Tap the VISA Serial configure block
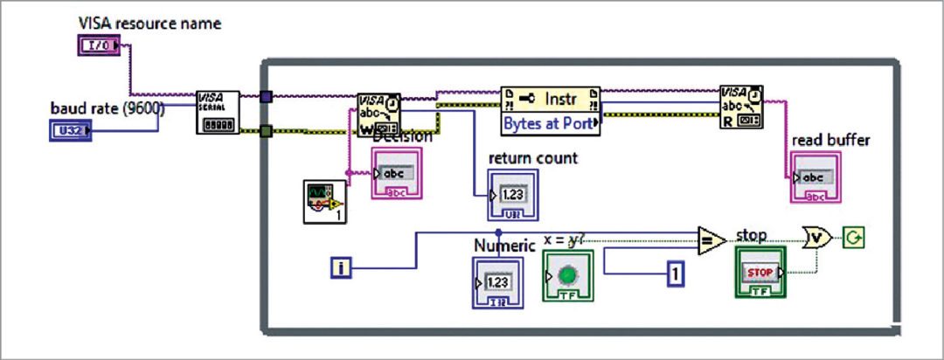[x=217, y=112]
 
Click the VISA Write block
[x=378, y=114]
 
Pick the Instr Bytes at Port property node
[x=551, y=110]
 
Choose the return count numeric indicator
[x=512, y=195]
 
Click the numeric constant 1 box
[x=675, y=274]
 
